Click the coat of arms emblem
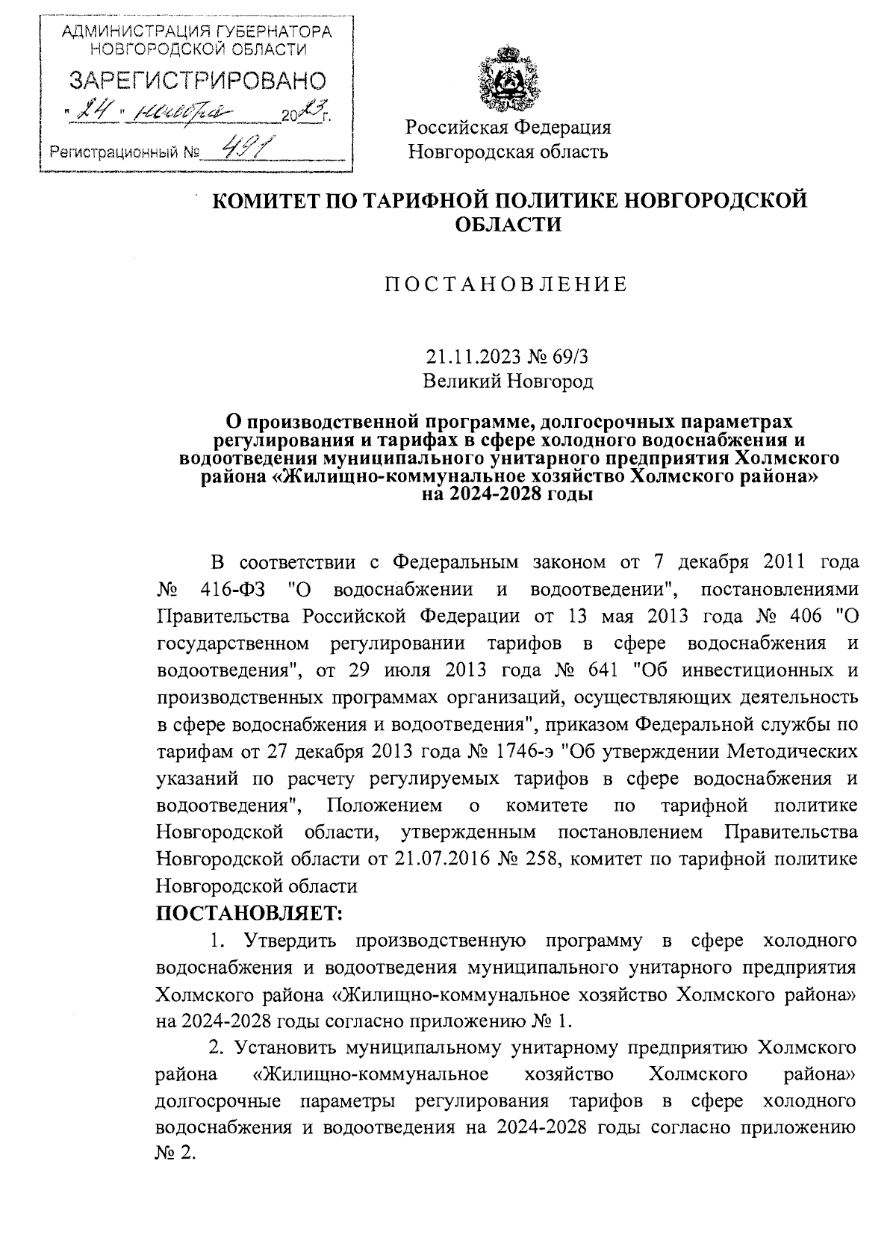pyautogui.click(x=508, y=78)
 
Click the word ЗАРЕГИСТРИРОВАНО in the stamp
pyautogui.click(x=198, y=81)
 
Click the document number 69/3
pyautogui.click(x=570, y=357)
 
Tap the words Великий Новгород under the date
pyautogui.click(x=508, y=382)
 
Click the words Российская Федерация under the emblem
pyautogui.click(x=508, y=127)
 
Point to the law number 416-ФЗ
pyautogui.click(x=236, y=589)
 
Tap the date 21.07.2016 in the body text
pyautogui.click(x=433, y=859)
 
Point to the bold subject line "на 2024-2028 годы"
pyautogui.click(x=508, y=495)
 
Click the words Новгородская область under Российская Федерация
pyautogui.click(x=508, y=152)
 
